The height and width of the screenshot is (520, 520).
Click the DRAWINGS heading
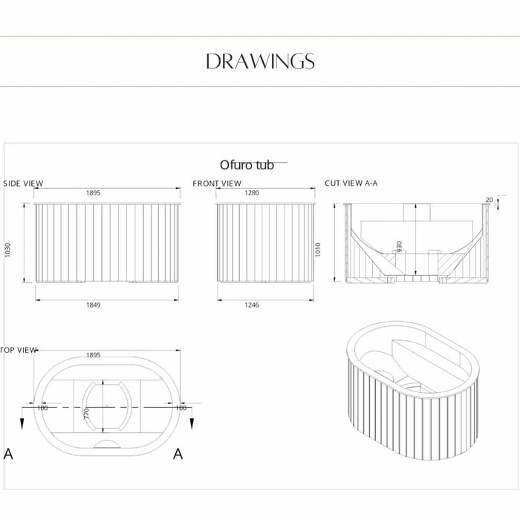coord(260,61)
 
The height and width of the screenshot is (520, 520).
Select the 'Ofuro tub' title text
coord(247,165)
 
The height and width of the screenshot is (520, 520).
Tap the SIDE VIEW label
coord(24,183)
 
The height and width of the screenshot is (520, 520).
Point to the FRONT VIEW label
coord(217,183)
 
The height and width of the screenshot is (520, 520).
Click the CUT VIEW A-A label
coord(351,183)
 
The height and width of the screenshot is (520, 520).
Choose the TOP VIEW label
coord(19,349)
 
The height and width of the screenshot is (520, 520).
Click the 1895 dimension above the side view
coord(93,192)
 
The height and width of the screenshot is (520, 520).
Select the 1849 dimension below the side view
coord(93,305)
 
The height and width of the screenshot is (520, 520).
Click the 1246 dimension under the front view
coord(252,305)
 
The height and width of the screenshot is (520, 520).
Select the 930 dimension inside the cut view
coord(420,247)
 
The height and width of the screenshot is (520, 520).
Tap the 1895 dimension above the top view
coord(93,355)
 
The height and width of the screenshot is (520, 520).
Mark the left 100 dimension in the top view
coord(42,408)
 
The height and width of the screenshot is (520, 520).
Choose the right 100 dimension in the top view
coord(181,408)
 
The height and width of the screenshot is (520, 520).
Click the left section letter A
coord(8,454)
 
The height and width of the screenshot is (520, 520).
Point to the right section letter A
coord(178,454)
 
